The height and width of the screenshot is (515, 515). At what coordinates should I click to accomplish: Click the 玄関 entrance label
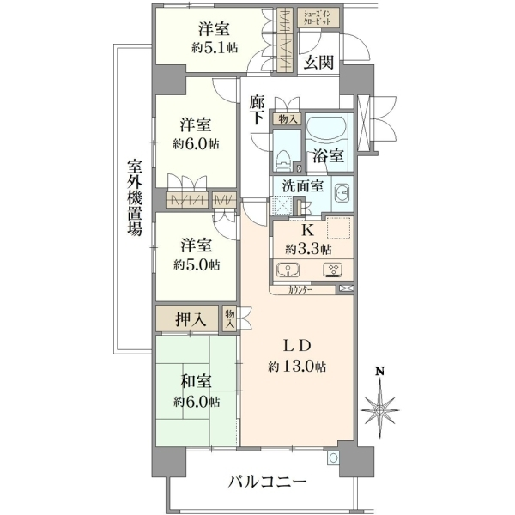(x=318, y=63)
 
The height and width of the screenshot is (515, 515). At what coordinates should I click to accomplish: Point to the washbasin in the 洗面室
(x=342, y=193)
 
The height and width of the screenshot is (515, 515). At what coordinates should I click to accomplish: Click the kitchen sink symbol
(x=288, y=270)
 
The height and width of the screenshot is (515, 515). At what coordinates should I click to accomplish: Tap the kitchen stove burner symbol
(x=333, y=270)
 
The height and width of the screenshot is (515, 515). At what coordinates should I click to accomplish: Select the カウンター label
(x=300, y=290)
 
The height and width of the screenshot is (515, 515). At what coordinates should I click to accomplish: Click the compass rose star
(x=380, y=410)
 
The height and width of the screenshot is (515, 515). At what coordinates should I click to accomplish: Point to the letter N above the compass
(x=380, y=371)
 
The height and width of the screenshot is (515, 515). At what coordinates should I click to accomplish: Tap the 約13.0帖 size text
(x=297, y=367)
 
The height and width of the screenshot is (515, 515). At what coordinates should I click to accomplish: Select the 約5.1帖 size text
(x=215, y=48)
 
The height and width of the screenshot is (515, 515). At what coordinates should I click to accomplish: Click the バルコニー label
(x=267, y=482)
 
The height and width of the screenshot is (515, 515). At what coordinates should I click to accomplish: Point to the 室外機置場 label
(x=135, y=197)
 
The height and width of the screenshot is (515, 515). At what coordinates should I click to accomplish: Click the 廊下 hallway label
(x=257, y=110)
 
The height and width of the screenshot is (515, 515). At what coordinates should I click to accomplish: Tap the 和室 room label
(x=196, y=381)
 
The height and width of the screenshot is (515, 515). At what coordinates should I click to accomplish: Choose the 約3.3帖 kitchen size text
(x=308, y=250)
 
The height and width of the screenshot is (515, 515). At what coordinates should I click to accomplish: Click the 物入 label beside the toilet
(x=288, y=119)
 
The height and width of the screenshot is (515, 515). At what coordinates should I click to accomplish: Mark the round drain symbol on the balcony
(x=333, y=457)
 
